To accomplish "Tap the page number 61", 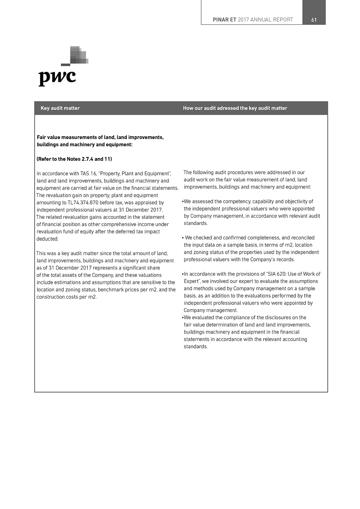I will coord(314,20).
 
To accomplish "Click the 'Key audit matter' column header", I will coord(60,108).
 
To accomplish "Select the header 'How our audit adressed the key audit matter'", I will coord(235,108).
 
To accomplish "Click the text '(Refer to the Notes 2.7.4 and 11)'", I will coord(74,159).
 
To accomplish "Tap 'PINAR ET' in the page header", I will coord(224,20).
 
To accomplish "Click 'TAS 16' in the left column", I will coord(88,174).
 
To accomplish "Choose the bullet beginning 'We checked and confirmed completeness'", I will coord(249,238).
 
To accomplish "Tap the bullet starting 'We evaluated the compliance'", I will coord(245,317).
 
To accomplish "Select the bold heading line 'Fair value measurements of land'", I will coord(100,138).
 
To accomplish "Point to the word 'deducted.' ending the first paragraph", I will coord(47,239).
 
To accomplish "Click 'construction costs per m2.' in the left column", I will coord(67,297).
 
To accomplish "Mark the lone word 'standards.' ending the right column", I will coord(195,347).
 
